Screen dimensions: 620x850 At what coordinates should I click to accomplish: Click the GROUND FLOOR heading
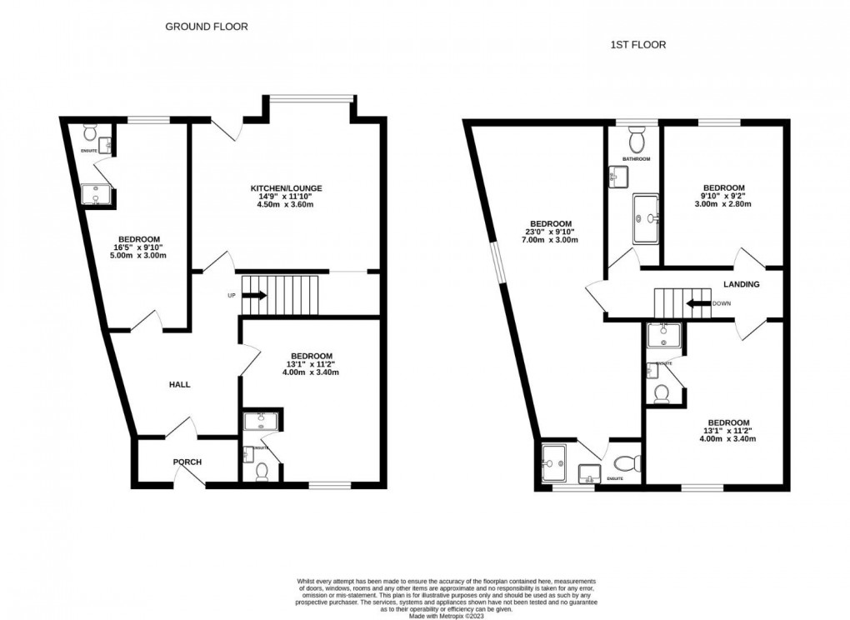206,27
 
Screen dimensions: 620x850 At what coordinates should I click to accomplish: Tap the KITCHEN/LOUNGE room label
287,188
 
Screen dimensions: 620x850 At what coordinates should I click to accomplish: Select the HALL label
179,384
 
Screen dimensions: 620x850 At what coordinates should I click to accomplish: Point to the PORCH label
187,462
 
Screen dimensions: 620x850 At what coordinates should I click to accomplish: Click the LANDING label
741,284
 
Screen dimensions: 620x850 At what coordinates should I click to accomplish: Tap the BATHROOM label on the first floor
636,158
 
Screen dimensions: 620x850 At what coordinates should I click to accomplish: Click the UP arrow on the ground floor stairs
255,295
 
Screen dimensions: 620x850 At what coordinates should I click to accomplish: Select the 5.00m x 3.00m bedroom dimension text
141,256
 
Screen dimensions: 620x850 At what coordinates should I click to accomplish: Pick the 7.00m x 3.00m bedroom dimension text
551,240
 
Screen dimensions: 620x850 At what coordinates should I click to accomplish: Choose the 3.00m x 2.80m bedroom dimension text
723,204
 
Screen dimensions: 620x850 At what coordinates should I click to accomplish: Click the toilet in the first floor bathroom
637,135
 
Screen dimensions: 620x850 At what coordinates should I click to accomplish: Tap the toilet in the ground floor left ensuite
91,132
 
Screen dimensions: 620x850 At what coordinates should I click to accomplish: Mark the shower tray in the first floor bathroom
646,219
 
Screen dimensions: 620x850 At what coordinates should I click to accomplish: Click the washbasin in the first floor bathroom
618,176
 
